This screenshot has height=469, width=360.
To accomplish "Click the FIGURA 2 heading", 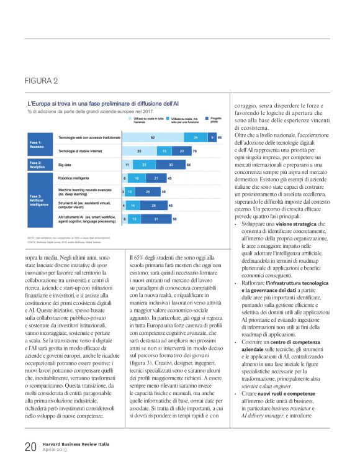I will coord(42,81).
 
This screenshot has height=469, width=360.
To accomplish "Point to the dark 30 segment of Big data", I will coord(170,165).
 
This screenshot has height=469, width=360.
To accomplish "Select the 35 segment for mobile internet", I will coord(138,150).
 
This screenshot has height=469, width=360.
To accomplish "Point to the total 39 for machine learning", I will coord(163,192).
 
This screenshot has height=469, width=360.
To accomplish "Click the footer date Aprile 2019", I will coord(56,450).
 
